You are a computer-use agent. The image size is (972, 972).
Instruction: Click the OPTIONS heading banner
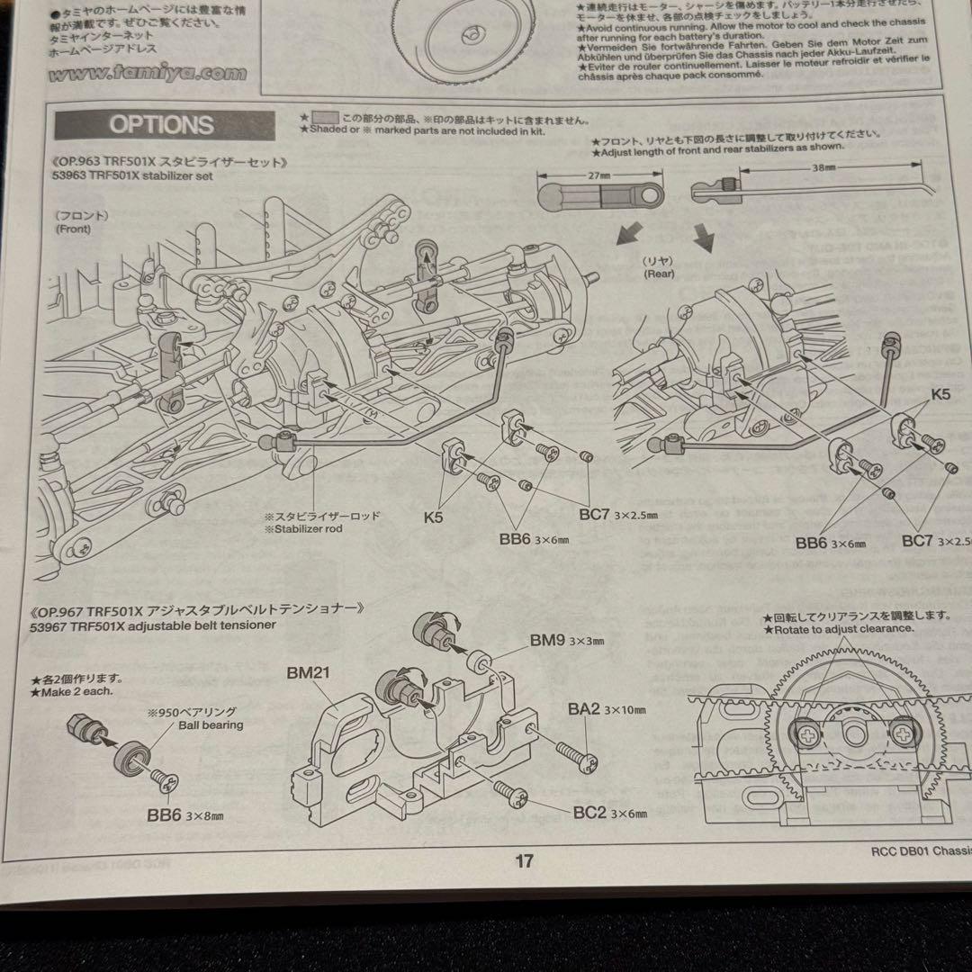coord(162,124)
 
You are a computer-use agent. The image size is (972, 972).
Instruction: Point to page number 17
coord(524,861)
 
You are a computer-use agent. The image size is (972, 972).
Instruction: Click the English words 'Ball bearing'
coord(210,724)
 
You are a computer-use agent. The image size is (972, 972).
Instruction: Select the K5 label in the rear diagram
coord(941,393)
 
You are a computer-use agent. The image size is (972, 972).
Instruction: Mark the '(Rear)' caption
coord(659,274)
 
